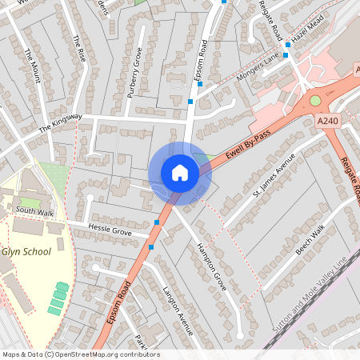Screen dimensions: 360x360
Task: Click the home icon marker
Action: tap(180, 172)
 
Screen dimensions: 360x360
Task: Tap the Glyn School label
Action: tap(26, 251)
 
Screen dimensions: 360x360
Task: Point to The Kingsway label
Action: tap(60, 123)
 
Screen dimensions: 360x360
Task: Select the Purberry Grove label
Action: tap(134, 71)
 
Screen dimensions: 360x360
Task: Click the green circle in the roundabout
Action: tap(315, 100)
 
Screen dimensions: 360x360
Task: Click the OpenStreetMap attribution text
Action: tap(81, 354)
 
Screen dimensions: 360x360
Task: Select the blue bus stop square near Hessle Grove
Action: tap(157, 222)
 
